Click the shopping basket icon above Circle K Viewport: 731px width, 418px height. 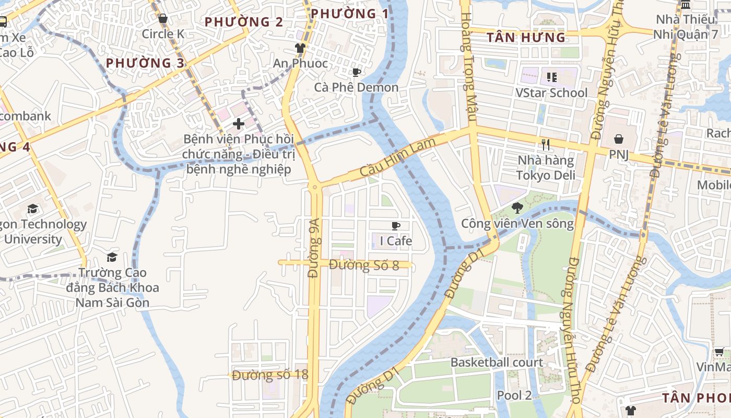pyautogui.click(x=163, y=19)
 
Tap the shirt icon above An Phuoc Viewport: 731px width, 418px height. pyautogui.click(x=300, y=48)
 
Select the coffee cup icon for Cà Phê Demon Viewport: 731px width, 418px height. pyautogui.click(x=356, y=72)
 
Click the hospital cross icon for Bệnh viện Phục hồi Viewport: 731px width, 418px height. pyautogui.click(x=239, y=124)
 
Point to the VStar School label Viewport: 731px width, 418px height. pyautogui.click(x=551, y=93)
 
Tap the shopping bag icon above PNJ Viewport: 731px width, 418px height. pyautogui.click(x=618, y=139)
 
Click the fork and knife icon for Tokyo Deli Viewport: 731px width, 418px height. pyautogui.click(x=546, y=145)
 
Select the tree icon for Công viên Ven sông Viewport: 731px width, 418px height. pyautogui.click(x=517, y=208)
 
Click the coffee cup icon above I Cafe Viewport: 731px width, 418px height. pyautogui.click(x=396, y=226)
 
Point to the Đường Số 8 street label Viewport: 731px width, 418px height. pyautogui.click(x=364, y=265)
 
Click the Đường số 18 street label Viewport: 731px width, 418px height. pyautogui.click(x=270, y=375)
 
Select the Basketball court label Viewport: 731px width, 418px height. pyautogui.click(x=497, y=362)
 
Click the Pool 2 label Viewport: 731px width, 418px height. pyautogui.click(x=514, y=395)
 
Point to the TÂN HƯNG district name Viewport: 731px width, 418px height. pyautogui.click(x=526, y=38)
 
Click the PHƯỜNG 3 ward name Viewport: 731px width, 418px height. pyautogui.click(x=145, y=63)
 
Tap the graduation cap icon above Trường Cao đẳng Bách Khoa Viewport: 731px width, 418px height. pyautogui.click(x=112, y=257)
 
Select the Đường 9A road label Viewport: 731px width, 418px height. pyautogui.click(x=313, y=256)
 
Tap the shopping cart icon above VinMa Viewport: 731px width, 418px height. pyautogui.click(x=719, y=352)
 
